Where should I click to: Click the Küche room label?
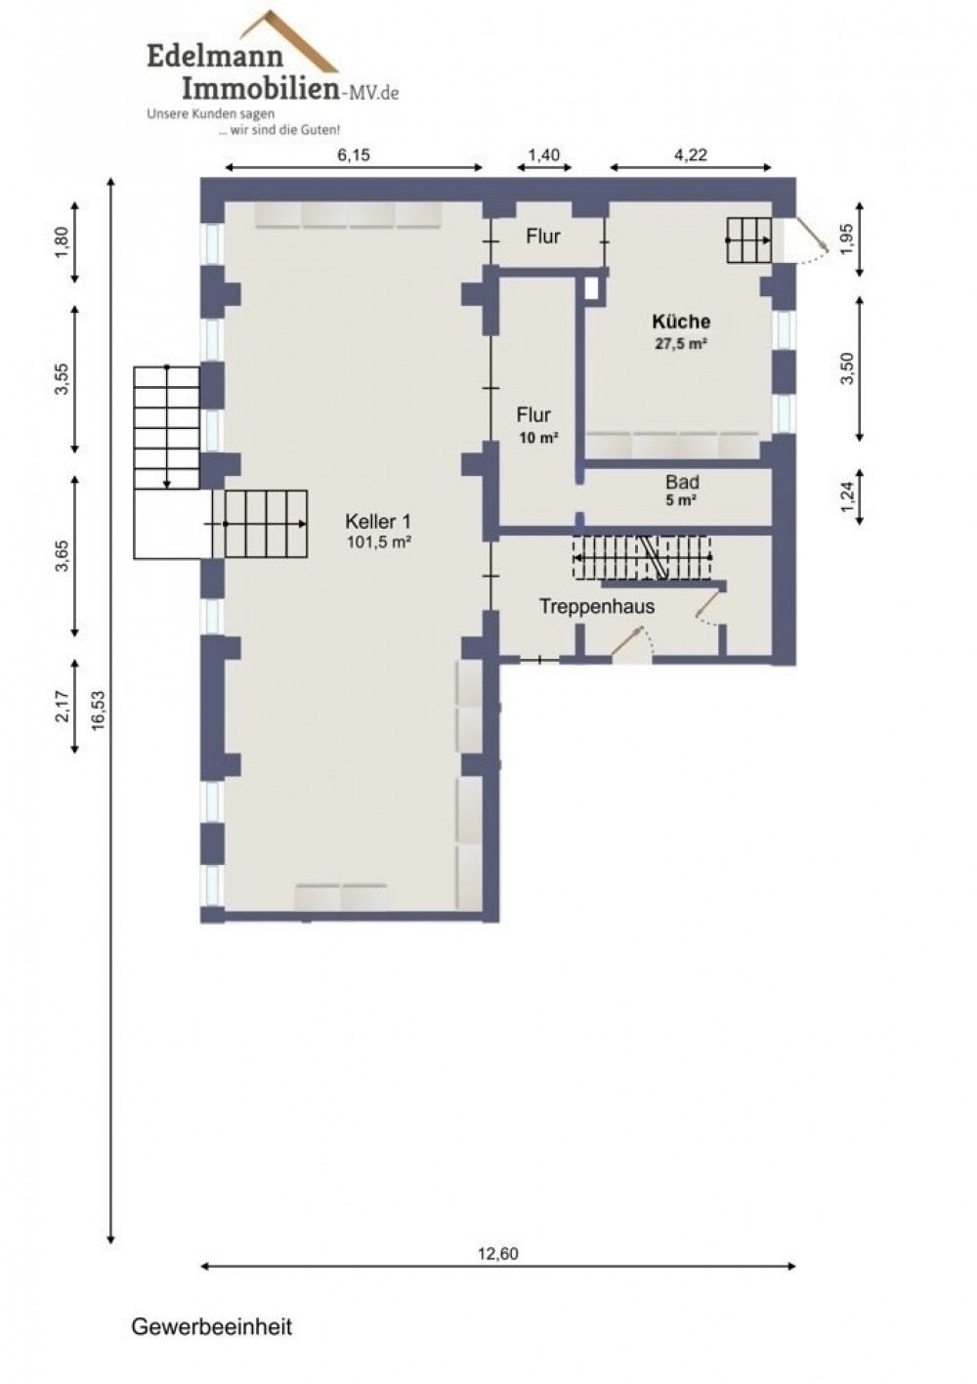click(681, 322)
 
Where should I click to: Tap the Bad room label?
click(682, 482)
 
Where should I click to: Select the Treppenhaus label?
click(597, 606)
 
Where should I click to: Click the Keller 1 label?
click(378, 522)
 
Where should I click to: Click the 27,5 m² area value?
click(681, 344)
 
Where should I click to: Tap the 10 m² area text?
click(539, 438)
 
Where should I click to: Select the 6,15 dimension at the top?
click(354, 154)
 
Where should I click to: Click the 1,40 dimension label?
click(543, 154)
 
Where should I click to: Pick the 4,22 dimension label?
click(690, 154)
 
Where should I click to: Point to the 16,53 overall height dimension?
click(99, 711)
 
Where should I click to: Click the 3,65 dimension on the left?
click(63, 555)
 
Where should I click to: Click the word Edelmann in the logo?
click(215, 57)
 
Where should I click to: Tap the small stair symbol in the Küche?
click(749, 240)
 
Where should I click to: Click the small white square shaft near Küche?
click(592, 288)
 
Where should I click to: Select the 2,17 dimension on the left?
click(63, 707)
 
